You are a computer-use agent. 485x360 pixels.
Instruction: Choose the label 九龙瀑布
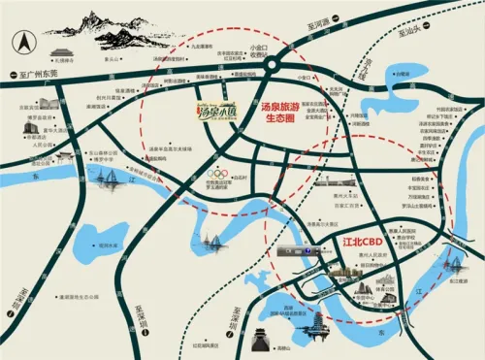tap(201, 46)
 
